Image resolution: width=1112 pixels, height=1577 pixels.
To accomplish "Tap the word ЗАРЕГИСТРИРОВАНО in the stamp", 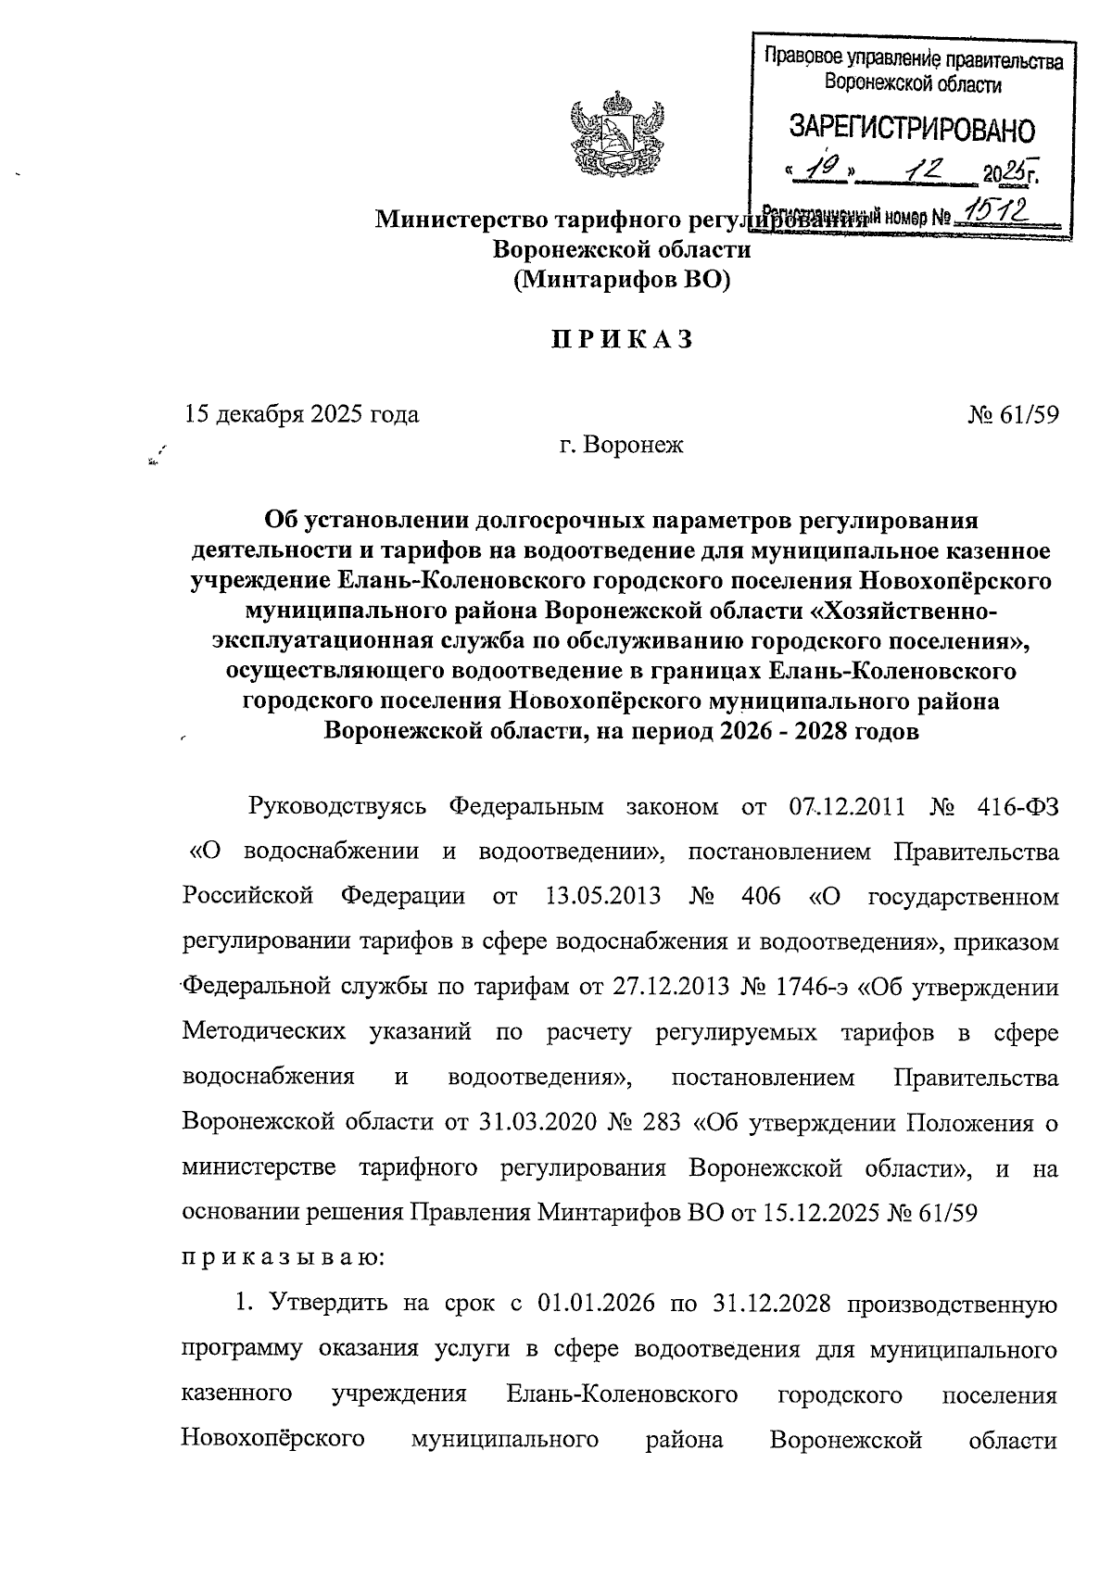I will point(911,129).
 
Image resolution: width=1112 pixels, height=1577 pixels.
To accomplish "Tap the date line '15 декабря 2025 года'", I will point(302,414).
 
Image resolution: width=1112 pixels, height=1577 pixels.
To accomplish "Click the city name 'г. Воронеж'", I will point(621,446).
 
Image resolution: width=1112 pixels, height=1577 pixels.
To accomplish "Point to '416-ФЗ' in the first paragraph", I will point(1017,806).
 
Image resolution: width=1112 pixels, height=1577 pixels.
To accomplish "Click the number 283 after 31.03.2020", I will point(663,1123).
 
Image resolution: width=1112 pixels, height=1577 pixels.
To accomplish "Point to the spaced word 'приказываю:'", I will point(283,1258).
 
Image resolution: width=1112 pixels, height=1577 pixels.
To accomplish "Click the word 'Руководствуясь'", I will point(337,806).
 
